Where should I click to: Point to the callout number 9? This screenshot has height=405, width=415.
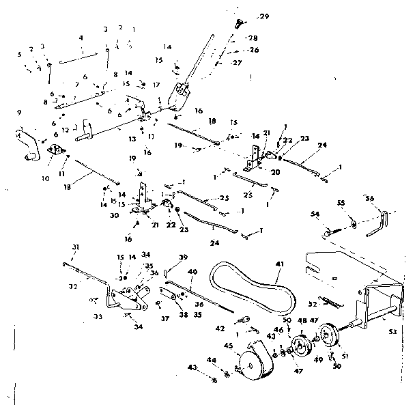point(18,112)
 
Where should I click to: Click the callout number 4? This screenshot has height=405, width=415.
point(81,37)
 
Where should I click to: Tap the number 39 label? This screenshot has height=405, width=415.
point(182,257)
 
